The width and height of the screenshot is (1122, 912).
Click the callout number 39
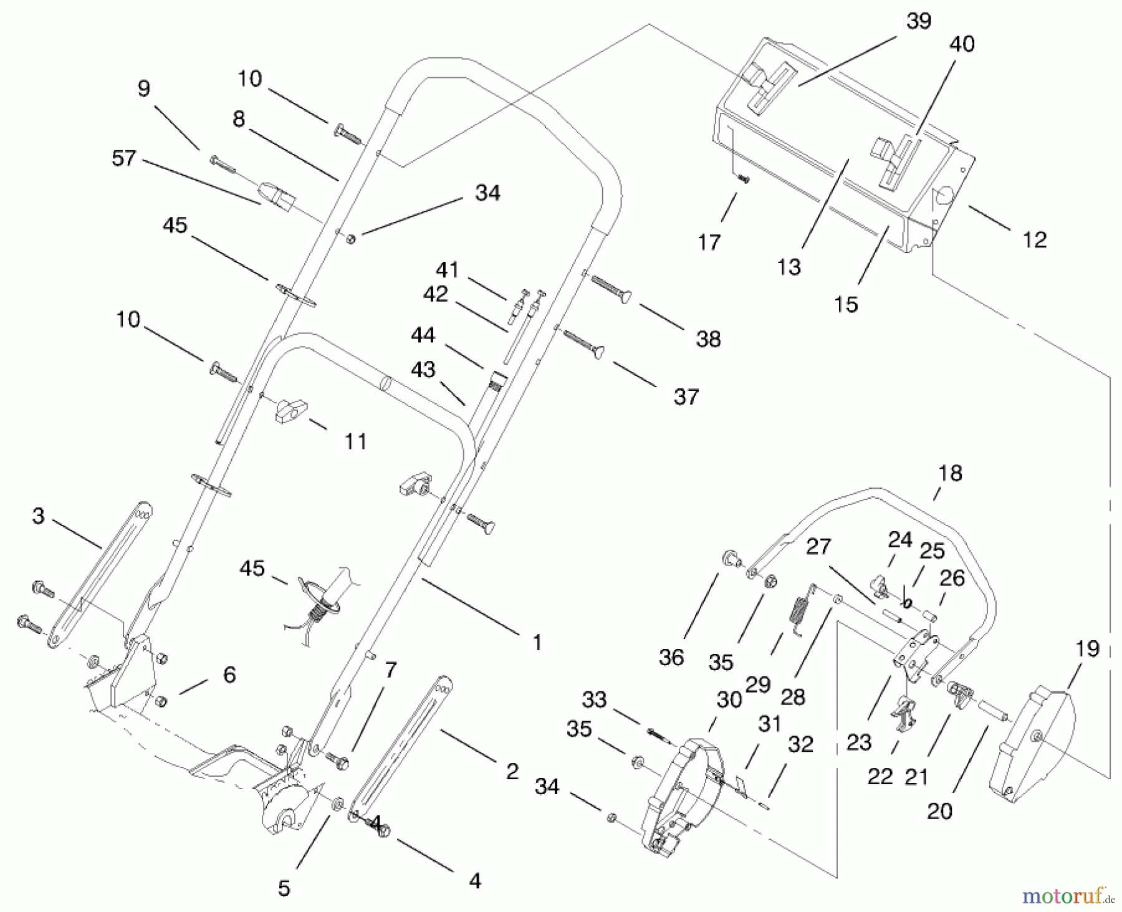(x=919, y=21)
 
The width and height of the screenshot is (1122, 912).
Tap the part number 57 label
(x=123, y=158)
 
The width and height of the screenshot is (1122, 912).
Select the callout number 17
(x=709, y=242)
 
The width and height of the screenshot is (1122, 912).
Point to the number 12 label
(x=1035, y=239)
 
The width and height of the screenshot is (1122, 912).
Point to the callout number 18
(x=950, y=473)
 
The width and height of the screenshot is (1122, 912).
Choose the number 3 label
(x=39, y=516)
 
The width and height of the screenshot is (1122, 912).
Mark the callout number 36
(x=671, y=657)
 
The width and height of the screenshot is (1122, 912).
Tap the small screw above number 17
(x=744, y=178)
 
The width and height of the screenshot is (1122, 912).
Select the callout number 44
(x=423, y=335)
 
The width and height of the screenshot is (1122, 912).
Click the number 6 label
(x=229, y=674)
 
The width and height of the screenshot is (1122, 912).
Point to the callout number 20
(x=939, y=811)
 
